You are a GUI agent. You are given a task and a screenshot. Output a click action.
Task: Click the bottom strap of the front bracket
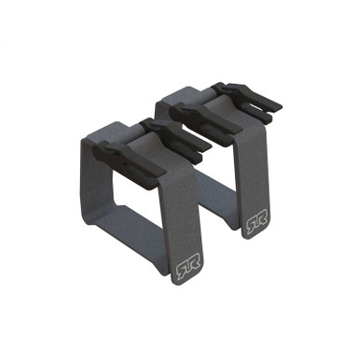(x=140, y=233)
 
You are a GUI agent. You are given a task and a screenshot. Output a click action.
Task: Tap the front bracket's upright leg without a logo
(x=98, y=187)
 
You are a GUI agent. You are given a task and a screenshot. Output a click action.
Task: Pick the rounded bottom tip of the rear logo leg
(x=254, y=236)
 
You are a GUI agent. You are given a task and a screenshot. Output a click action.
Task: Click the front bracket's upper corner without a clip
(x=93, y=140)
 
